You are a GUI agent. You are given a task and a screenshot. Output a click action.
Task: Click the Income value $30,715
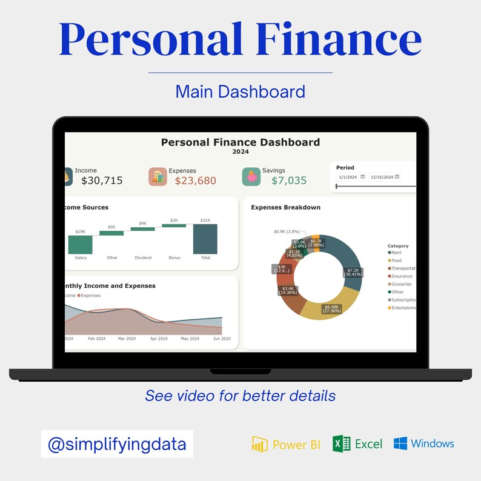(x=102, y=181)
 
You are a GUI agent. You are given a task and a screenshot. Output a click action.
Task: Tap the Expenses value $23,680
(x=195, y=181)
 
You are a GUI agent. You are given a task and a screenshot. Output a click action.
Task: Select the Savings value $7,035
(x=289, y=181)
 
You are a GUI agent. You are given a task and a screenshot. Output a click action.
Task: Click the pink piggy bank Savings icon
(x=251, y=176)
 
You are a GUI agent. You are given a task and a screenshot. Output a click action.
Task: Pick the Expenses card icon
(x=158, y=176)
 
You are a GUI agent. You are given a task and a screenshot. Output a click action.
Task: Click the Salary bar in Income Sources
(x=80, y=245)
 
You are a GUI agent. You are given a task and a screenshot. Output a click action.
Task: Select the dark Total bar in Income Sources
(x=205, y=239)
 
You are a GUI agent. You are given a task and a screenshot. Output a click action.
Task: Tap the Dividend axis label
(x=143, y=257)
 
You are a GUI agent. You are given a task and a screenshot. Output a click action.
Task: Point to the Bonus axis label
(x=174, y=257)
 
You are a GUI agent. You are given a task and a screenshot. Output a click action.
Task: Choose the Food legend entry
(x=397, y=260)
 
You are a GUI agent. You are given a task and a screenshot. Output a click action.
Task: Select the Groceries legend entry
(x=400, y=284)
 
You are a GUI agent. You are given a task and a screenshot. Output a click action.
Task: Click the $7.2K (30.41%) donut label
(x=352, y=273)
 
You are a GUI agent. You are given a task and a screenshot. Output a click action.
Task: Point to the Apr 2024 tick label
(x=159, y=339)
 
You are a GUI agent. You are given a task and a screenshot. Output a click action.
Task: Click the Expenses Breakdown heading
(x=285, y=207)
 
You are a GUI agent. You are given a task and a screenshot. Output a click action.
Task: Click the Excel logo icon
(x=342, y=444)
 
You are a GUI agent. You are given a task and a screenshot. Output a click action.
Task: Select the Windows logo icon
(x=400, y=443)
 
